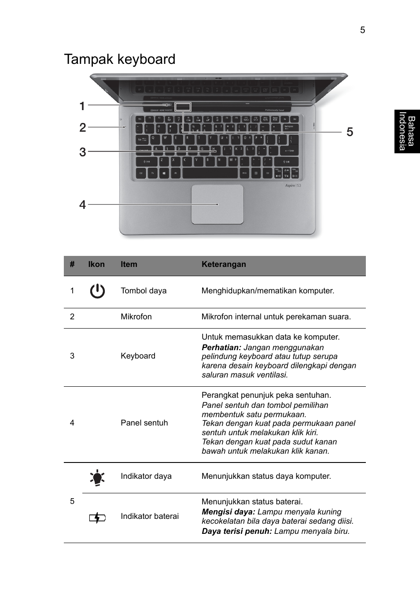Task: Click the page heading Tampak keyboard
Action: [x=120, y=59]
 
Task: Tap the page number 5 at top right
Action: [x=362, y=30]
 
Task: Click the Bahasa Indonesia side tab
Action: [x=407, y=131]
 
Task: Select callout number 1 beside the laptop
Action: [x=82, y=106]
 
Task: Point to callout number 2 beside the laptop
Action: [x=82, y=128]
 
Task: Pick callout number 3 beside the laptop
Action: [x=82, y=152]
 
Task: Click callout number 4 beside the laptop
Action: [x=82, y=204]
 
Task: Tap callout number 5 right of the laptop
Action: [x=350, y=132]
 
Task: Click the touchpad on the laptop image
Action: [x=217, y=204]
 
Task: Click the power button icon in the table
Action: [x=97, y=291]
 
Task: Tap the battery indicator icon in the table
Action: [x=97, y=518]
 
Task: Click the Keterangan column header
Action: [x=224, y=264]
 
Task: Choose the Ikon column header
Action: [x=96, y=264]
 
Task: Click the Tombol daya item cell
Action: [x=144, y=291]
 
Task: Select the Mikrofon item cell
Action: [x=136, y=317]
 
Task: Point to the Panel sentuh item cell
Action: [x=144, y=423]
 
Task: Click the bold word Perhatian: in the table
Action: [x=221, y=348]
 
